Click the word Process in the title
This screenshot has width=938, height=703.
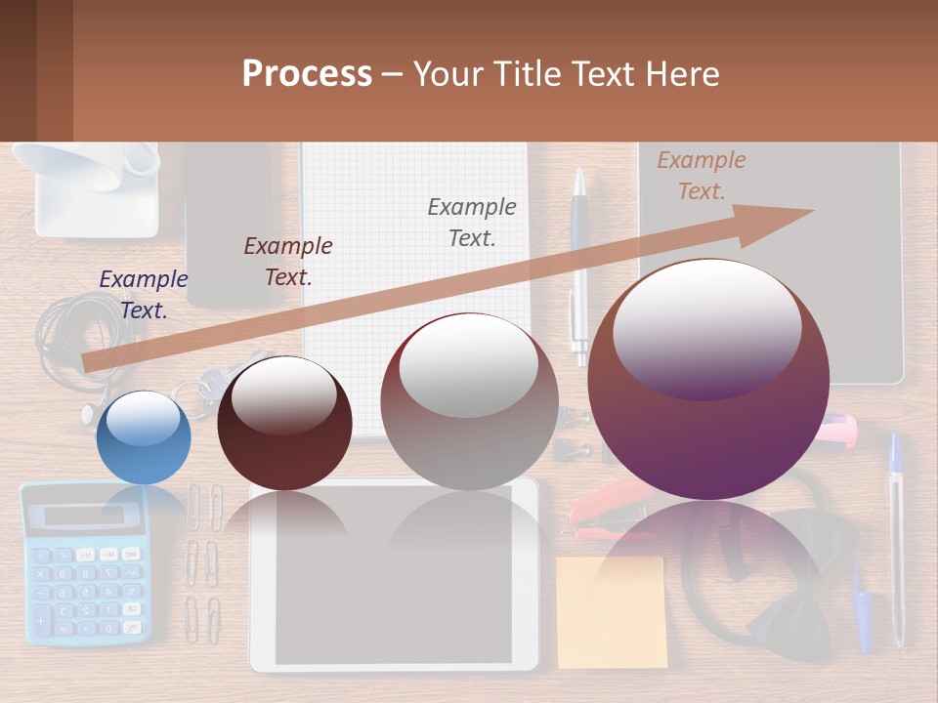click(x=307, y=73)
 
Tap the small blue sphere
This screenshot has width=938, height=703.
click(x=144, y=437)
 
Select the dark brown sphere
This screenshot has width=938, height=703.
click(x=284, y=424)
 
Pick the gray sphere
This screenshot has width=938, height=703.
click(x=469, y=401)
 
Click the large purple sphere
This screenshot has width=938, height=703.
click(x=708, y=381)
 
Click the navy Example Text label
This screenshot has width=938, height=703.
click(x=144, y=294)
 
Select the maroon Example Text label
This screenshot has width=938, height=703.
click(x=288, y=261)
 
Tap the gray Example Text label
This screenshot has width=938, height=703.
click(x=472, y=222)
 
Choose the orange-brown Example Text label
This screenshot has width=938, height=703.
click(x=702, y=176)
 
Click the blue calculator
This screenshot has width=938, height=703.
click(x=85, y=563)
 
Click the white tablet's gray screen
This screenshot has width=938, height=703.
click(x=394, y=586)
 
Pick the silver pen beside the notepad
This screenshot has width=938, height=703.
click(x=579, y=264)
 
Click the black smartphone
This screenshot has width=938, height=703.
click(x=227, y=215)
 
